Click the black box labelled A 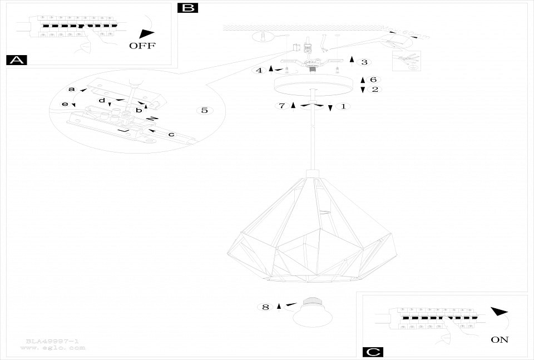click(x=16, y=60)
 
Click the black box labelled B click(x=187, y=7)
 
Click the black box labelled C click(x=373, y=352)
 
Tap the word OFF click(x=142, y=46)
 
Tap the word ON click(x=500, y=339)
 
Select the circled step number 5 click(x=204, y=110)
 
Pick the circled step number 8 click(x=265, y=307)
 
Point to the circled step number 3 click(x=364, y=62)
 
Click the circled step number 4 click(x=259, y=70)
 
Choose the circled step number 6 click(x=374, y=80)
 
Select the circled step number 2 click(x=374, y=89)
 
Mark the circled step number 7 click(x=282, y=106)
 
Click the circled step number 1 click(x=343, y=106)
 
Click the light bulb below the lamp click(x=314, y=314)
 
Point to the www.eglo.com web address click(x=53, y=348)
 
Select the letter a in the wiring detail click(x=71, y=89)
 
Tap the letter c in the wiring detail click(x=171, y=134)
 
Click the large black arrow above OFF click(x=146, y=33)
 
